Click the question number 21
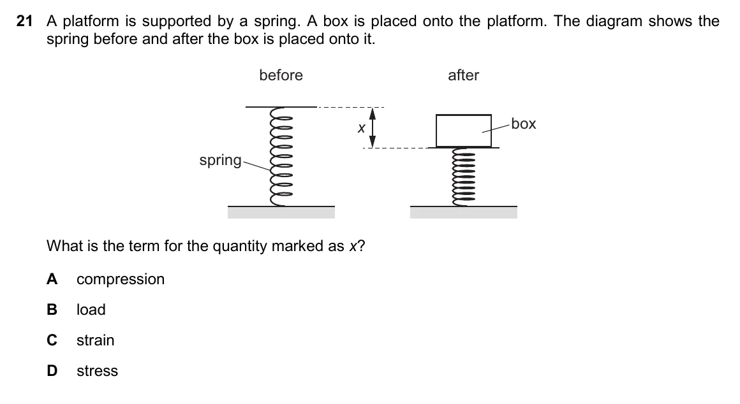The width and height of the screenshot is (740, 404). coord(24,21)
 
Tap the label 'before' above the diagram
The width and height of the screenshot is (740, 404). coord(281,75)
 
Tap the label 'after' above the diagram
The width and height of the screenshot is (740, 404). coord(463,75)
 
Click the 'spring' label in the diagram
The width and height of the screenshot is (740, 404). coord(220,161)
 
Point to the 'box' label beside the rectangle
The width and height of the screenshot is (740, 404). coord(524,124)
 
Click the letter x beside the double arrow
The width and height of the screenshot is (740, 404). coord(362,128)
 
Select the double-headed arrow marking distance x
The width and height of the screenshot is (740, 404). coord(373,127)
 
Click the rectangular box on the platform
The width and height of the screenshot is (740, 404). coord(463,131)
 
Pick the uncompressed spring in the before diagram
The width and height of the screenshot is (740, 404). coord(281,157)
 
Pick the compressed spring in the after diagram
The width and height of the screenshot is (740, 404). coord(463,177)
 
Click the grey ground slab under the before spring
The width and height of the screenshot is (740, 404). coord(281,212)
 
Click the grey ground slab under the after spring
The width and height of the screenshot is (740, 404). coord(463,212)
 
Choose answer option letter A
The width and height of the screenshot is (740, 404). coord(52,279)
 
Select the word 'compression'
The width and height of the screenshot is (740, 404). coord(121,280)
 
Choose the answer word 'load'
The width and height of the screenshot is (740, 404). coord(91,310)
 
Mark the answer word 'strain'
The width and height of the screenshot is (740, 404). coord(95,340)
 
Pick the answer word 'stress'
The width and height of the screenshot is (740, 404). coord(97,371)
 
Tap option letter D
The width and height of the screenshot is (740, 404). coord(52,371)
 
